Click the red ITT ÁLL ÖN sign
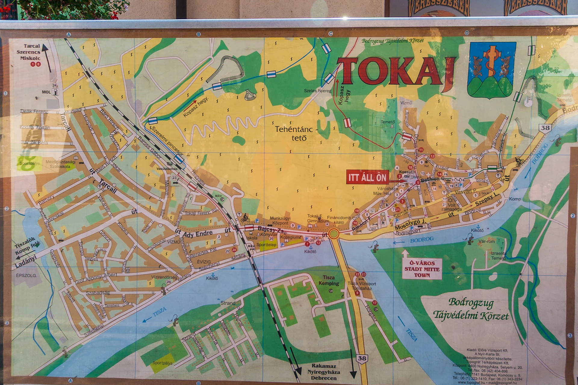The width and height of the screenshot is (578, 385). tap(367, 177)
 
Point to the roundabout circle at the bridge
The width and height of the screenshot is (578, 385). tap(334, 234)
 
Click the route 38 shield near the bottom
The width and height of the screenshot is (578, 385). tap(362, 358)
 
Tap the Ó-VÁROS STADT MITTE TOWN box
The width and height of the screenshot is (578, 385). tap(422, 269)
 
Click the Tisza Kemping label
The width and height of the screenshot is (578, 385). tap(329, 280)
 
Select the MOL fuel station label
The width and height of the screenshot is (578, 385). tap(46, 92)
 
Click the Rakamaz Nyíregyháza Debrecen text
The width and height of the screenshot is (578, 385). tap(324, 372)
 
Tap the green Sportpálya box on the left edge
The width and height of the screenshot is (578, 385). tap(29, 163)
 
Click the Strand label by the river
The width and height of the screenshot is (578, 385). tap(228, 303)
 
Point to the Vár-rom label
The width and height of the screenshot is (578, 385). tap(486, 241)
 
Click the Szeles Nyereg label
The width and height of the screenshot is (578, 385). tap(317, 91)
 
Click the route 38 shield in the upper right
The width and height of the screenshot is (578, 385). tap(545, 128)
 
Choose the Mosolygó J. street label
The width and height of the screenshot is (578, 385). tap(410, 224)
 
